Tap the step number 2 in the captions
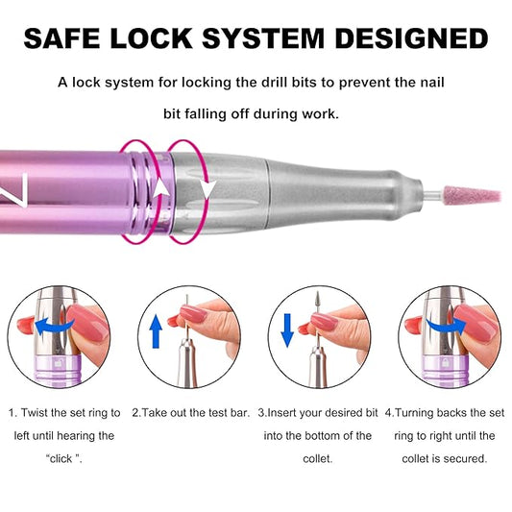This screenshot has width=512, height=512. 134,412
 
